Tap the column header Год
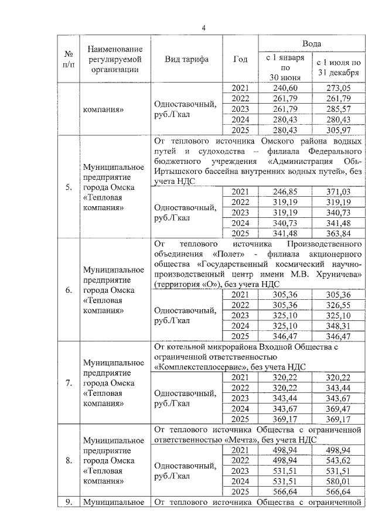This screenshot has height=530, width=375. pos(240,60)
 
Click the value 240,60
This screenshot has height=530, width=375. pos(284,88)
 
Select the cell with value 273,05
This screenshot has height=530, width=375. pos(338,88)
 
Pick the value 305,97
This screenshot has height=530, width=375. pos(338,129)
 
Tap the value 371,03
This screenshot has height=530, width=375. pos(338,192)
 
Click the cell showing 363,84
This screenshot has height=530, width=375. pos(338,233)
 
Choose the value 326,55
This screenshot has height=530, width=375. pos(338,305)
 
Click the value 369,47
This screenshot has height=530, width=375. pos(338,408)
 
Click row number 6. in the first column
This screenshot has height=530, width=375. pos(69,290)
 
